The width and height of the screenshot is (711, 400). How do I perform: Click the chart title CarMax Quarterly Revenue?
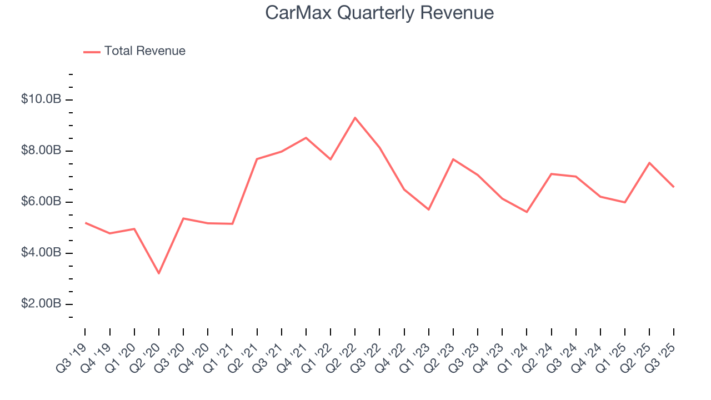click(x=379, y=13)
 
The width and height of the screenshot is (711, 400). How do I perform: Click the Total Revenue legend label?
click(x=144, y=51)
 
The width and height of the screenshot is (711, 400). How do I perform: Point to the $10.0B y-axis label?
click(x=41, y=99)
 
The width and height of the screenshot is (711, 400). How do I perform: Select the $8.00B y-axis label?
click(x=41, y=151)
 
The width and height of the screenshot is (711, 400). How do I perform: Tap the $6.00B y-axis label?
click(x=41, y=202)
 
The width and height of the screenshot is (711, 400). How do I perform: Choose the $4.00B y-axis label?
click(x=41, y=253)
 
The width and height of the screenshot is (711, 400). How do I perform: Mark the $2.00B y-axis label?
click(x=41, y=304)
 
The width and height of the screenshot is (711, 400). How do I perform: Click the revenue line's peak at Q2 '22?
click(x=355, y=118)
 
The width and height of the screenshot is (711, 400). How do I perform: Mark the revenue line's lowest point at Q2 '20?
click(x=159, y=273)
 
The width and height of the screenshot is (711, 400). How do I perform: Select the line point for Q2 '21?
click(x=257, y=159)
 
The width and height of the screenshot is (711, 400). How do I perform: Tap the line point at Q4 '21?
click(x=306, y=138)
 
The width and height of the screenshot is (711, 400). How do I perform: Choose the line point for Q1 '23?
click(x=429, y=209)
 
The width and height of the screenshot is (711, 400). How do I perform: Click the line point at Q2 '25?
click(x=649, y=163)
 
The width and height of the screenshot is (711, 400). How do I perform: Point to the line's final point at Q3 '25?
click(x=674, y=187)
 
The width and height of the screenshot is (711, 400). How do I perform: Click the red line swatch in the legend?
click(x=92, y=52)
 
